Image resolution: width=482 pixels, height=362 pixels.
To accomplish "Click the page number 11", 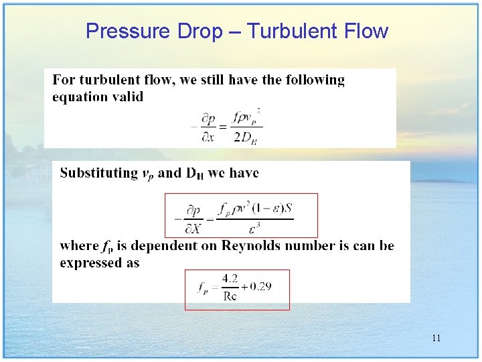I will point(436,338).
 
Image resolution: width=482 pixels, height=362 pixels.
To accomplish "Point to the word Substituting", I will point(98,173).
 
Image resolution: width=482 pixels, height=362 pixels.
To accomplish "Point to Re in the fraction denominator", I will point(230,296).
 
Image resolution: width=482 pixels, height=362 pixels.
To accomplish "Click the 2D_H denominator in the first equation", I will point(246,138).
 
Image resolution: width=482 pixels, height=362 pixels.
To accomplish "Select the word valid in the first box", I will point(128,97).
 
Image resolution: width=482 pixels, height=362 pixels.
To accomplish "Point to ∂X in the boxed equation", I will point(193,229).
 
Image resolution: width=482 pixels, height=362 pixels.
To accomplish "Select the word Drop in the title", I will point(199,31).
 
